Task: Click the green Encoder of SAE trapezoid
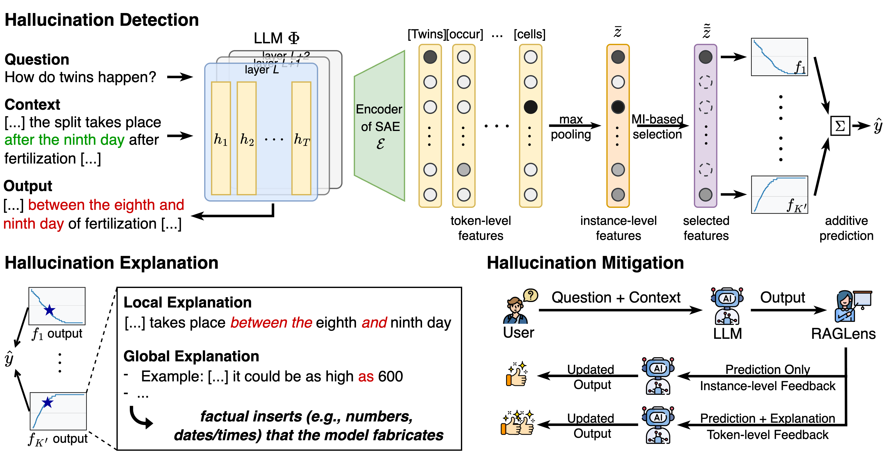coord(380,126)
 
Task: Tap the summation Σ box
coord(840,126)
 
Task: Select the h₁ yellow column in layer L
coord(221,138)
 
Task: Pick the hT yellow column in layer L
coord(301,138)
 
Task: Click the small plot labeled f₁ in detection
coord(779,57)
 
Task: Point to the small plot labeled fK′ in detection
coord(779,195)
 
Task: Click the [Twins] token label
coord(426,34)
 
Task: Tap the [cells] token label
coord(529,34)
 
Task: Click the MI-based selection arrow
coord(660,126)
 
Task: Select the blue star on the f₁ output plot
coord(50,310)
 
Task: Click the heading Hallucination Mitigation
coord(585,263)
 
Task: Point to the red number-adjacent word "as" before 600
coord(366,377)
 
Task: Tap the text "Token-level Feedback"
coord(768,435)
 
